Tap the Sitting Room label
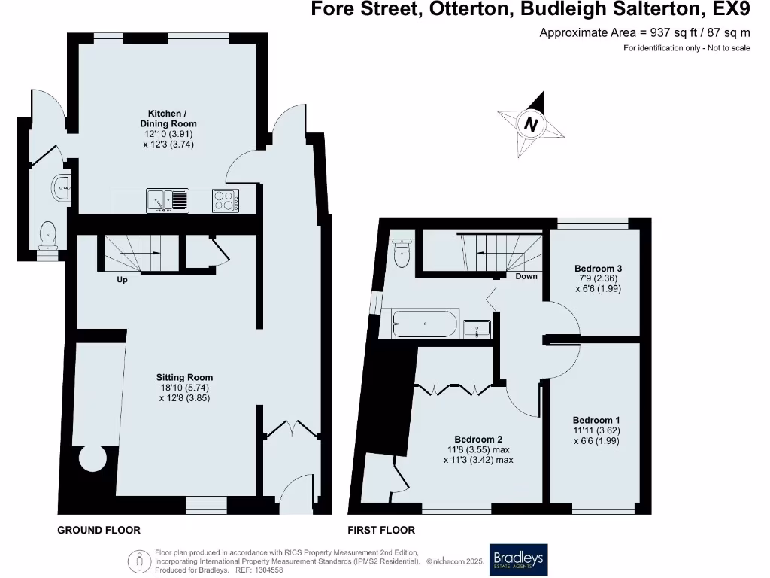(x=184, y=378)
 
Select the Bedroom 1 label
(x=596, y=420)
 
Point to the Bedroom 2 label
(x=478, y=440)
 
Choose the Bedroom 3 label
(x=598, y=268)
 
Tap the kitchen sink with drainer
(x=168, y=200)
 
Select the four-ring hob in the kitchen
(x=226, y=200)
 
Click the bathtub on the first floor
(x=425, y=324)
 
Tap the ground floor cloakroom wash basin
(x=62, y=187)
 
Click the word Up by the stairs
(x=122, y=280)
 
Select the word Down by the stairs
(x=526, y=276)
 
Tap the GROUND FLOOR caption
(x=99, y=530)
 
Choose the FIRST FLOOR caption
(x=380, y=530)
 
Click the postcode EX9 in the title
(x=732, y=11)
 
